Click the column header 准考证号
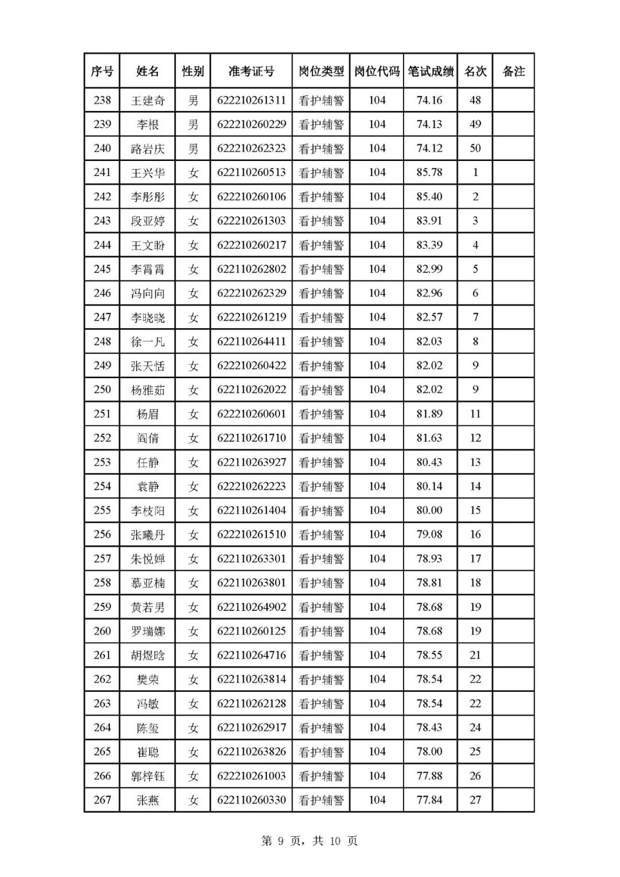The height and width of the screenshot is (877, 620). (x=251, y=71)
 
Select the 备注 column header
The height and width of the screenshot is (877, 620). (x=513, y=71)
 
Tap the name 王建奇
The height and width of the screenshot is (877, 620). (x=148, y=101)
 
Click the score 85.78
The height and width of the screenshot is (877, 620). (x=429, y=172)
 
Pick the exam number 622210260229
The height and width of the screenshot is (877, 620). (x=251, y=125)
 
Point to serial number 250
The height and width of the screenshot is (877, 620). (x=102, y=390)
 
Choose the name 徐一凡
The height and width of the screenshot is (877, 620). (x=148, y=342)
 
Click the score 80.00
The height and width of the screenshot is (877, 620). (x=429, y=510)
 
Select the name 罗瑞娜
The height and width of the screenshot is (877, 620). (x=148, y=632)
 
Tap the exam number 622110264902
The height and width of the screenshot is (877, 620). (x=251, y=607)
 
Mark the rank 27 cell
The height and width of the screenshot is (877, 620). (x=475, y=800)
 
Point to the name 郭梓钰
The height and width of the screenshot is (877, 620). (x=148, y=776)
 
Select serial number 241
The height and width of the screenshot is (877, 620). (x=102, y=172)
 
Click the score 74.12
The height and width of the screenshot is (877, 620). (x=429, y=148)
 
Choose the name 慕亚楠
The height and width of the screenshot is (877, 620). (x=148, y=583)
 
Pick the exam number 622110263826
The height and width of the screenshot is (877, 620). (x=251, y=752)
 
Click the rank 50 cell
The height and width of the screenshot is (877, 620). (x=475, y=148)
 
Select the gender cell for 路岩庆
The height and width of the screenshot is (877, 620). (x=193, y=149)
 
